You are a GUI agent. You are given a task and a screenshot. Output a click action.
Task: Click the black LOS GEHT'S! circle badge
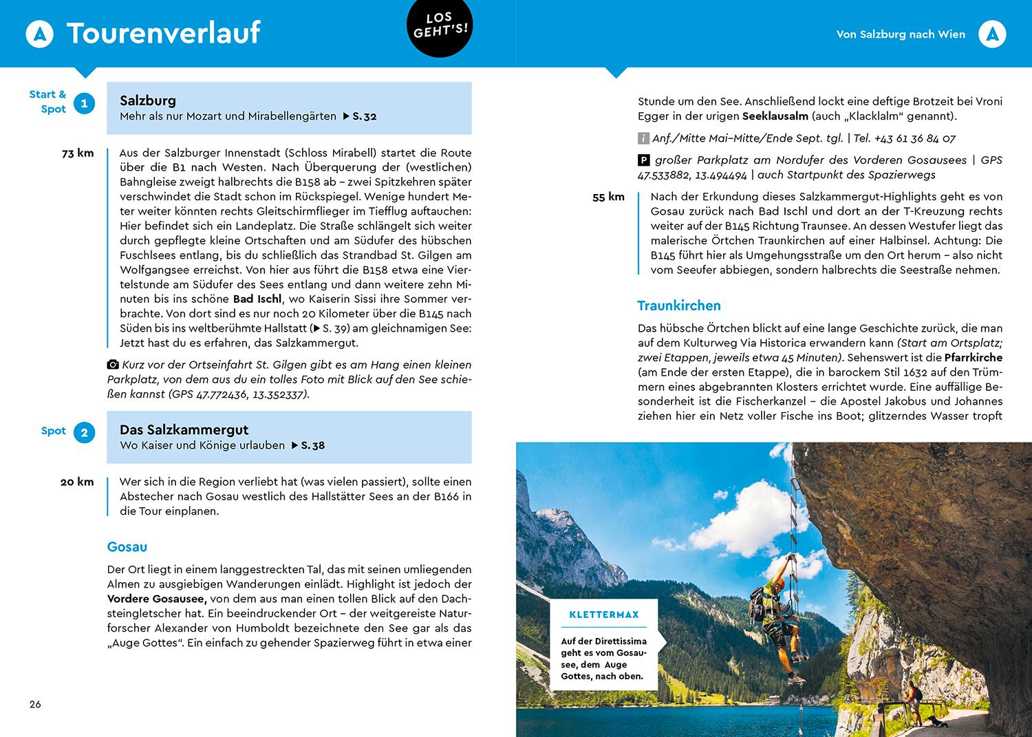pos(440,28)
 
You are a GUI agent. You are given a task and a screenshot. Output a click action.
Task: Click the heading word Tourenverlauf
pos(163,33)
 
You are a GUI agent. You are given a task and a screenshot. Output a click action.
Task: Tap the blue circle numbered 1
pos(85,103)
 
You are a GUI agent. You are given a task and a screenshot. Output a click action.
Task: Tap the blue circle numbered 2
pos(85,433)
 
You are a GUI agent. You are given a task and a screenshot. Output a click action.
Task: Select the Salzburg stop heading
pos(148,100)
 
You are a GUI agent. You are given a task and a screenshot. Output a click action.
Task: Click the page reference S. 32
pos(364,116)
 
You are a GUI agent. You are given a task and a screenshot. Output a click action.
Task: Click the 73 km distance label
pos(78,153)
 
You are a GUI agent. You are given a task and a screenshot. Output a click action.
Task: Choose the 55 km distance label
pos(608,197)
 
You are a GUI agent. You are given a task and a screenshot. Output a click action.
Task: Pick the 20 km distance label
pos(77,482)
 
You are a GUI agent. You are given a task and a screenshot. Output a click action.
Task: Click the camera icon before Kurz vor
pos(113,365)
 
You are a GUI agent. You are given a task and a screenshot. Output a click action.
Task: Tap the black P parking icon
pos(643,160)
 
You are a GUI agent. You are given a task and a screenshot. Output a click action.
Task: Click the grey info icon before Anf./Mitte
pos(643,138)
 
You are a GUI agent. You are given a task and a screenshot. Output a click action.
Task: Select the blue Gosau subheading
pos(127,547)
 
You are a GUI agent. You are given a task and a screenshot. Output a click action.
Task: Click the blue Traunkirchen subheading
pos(679,306)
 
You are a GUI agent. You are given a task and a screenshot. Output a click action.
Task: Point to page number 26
pos(35,704)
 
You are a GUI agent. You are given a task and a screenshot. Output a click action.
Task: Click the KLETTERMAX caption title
pos(604,615)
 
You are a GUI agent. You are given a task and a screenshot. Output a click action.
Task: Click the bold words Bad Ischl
pos(257,299)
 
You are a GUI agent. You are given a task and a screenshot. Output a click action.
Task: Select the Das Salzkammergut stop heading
pos(184,430)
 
